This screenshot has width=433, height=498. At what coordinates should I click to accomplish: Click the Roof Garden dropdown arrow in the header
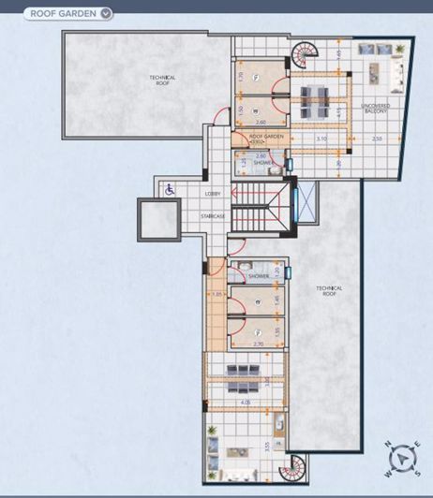(106, 13)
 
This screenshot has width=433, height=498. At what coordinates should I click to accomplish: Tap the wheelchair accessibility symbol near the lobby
(170, 189)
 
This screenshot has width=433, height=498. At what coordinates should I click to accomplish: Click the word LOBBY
(212, 194)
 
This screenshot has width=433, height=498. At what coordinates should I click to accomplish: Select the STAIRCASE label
(213, 216)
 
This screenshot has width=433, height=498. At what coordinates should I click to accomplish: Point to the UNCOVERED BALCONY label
(375, 108)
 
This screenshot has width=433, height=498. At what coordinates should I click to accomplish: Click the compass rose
(404, 458)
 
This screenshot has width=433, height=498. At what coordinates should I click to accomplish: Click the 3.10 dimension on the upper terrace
(321, 139)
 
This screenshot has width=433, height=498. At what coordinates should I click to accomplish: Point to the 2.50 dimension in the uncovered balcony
(376, 139)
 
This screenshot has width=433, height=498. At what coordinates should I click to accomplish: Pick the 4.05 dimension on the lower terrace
(245, 403)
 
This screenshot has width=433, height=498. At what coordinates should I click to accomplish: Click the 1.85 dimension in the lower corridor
(216, 295)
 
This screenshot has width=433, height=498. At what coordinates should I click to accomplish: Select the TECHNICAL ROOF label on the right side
(329, 291)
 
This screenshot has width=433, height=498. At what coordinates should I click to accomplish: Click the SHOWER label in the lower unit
(259, 276)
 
